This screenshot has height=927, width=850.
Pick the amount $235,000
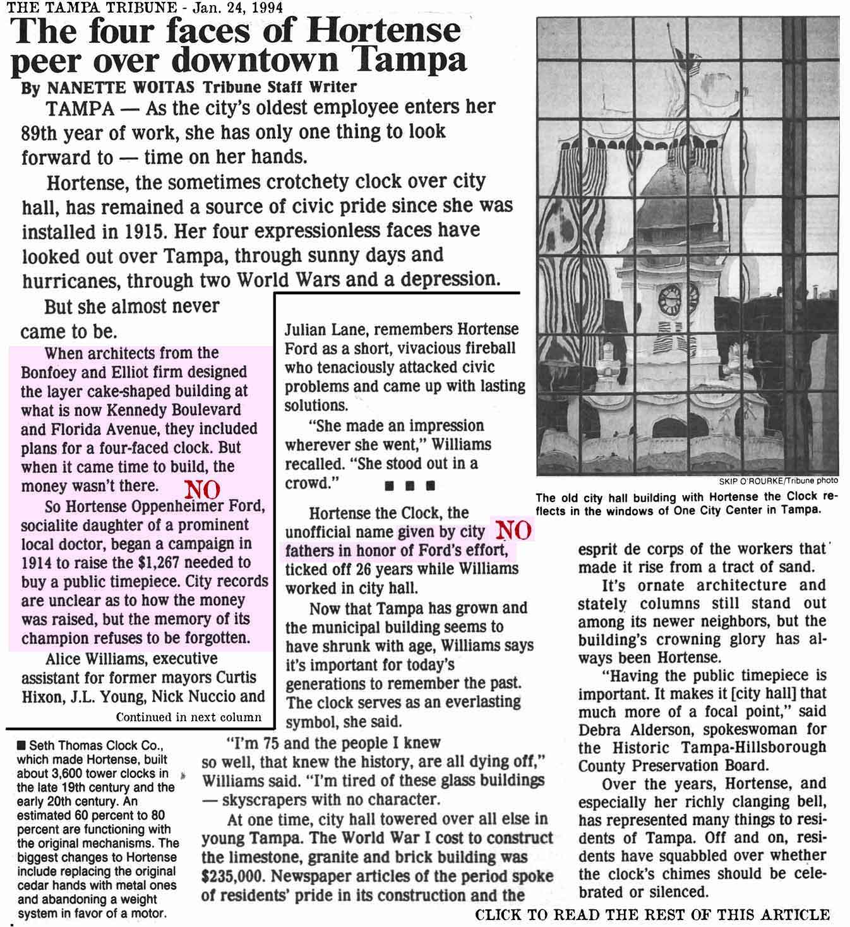(x=235, y=876)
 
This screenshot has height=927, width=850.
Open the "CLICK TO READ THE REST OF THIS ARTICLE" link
(x=652, y=914)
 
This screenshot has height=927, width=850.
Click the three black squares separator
(x=410, y=487)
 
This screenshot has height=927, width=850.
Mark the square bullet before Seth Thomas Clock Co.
(x=22, y=745)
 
